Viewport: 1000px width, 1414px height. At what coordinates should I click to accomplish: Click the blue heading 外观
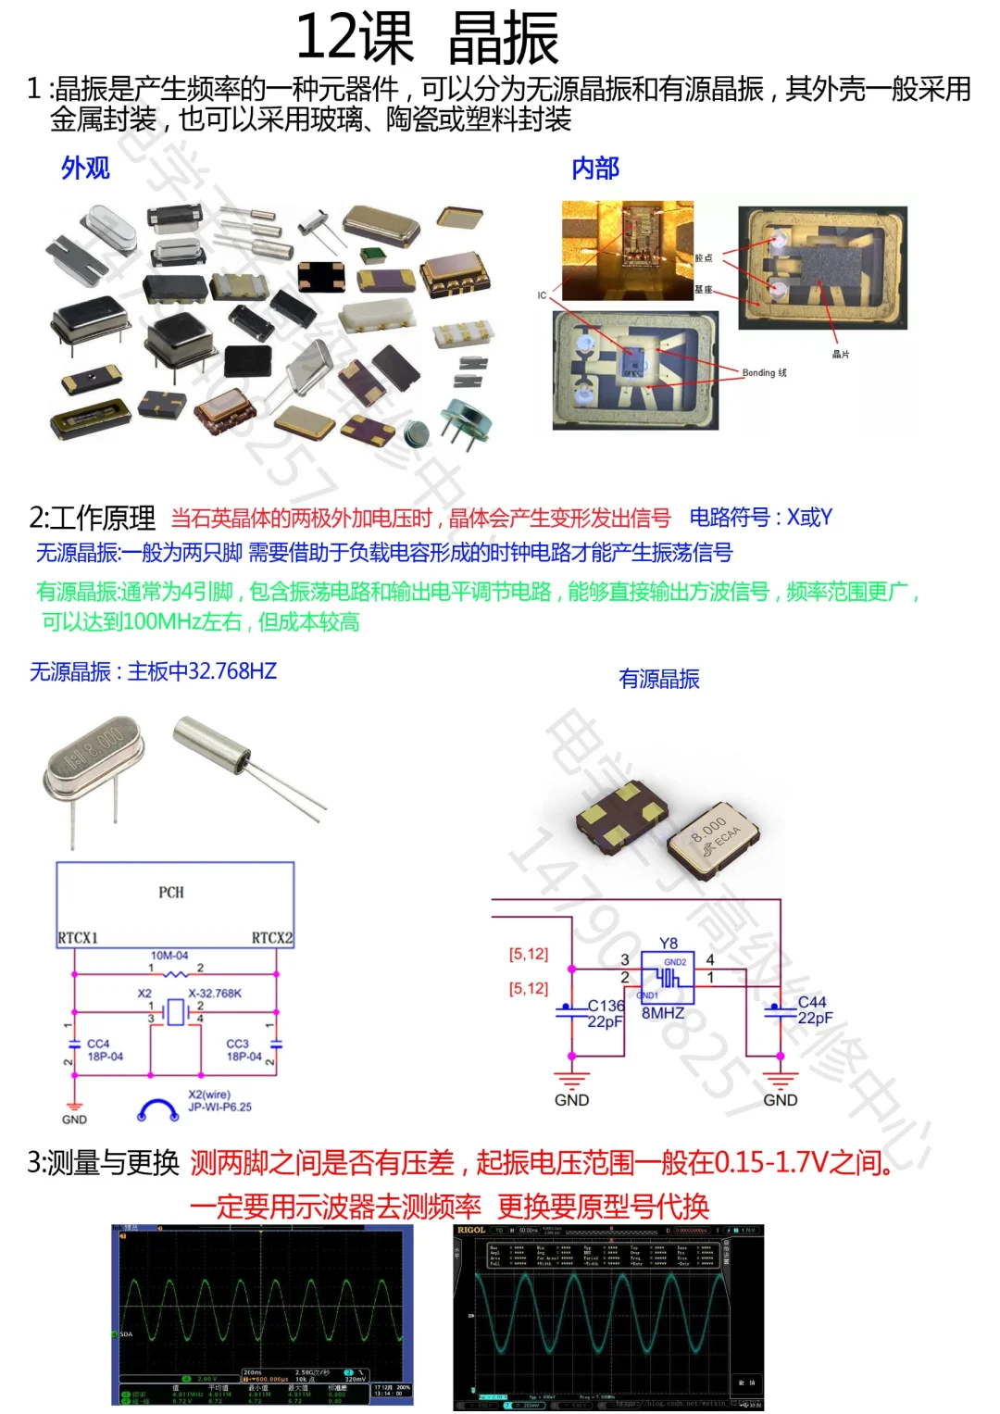pos(85,168)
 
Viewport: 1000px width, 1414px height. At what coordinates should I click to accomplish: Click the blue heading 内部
pos(594,168)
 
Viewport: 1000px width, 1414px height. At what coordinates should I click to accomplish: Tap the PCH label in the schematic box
pos(171,892)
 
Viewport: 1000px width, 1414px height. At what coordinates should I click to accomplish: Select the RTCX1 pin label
pos(78,937)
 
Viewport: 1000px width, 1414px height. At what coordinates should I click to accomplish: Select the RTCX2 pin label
pos(271,937)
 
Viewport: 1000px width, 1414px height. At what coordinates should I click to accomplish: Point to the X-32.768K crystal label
pos(215,994)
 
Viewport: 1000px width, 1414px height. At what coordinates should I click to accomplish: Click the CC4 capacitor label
pos(98,1044)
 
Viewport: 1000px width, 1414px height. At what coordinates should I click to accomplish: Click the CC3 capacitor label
pos(238,1044)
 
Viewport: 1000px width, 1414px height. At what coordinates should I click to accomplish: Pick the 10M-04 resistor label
pos(169,955)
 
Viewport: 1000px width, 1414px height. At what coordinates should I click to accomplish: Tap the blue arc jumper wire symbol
pos(157,1108)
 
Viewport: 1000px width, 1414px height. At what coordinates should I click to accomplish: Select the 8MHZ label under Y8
pos(663,1013)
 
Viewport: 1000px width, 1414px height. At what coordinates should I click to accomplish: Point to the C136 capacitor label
pos(606,1005)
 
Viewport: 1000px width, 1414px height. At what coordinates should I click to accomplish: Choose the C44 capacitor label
pos(812,1002)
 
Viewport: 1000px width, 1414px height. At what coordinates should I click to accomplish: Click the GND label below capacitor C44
pos(781,1100)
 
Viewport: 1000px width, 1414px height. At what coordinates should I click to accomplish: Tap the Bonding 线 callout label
pos(764,372)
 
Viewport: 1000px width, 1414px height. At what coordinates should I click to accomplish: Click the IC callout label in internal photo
pos(542,295)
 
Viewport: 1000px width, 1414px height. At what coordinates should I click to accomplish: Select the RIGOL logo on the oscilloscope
pos(471,1231)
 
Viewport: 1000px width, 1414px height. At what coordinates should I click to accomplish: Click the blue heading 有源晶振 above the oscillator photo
pos(659,679)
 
